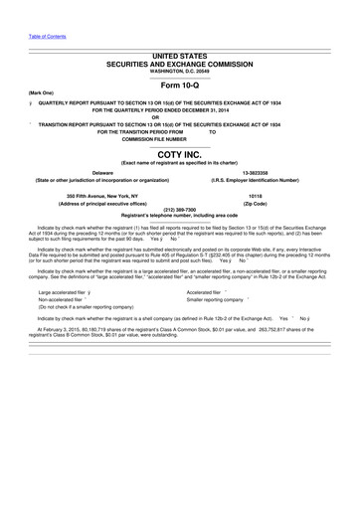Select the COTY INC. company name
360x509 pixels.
click(179, 155)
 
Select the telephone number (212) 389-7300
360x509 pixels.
click(179, 211)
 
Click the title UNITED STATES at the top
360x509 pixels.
click(179, 57)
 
